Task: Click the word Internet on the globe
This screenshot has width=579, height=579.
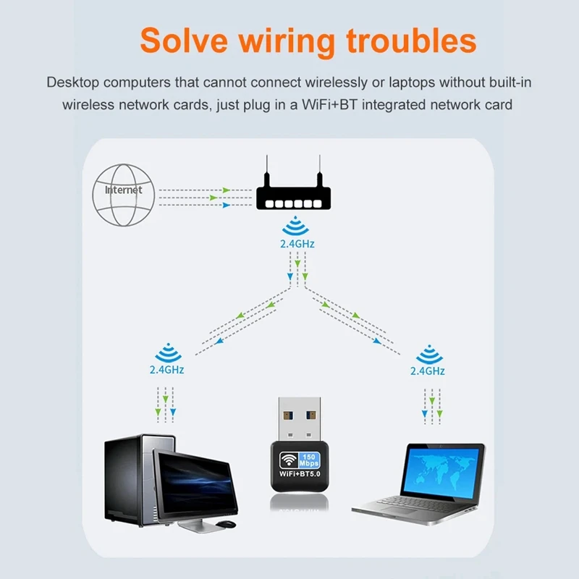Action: pos(124,190)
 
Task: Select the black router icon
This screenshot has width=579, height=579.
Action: pos(293,193)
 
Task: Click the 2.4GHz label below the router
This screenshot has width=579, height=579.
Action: pos(297,244)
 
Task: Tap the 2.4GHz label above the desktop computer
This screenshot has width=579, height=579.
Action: pos(166,370)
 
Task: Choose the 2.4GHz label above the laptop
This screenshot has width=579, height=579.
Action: pos(427,370)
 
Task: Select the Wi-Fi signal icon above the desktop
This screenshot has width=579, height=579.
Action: pos(166,354)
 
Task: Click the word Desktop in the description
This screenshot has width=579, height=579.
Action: pos(72,82)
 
